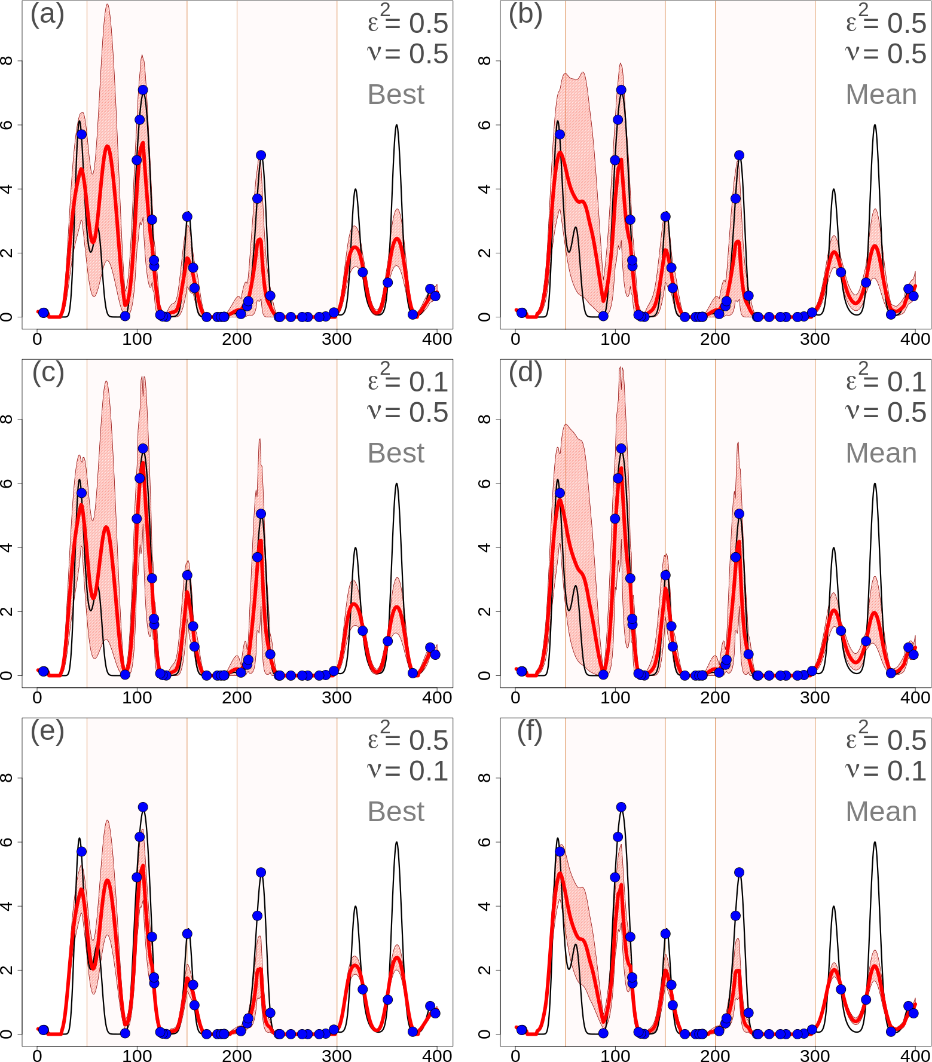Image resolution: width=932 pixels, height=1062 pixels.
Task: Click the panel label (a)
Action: [47, 14]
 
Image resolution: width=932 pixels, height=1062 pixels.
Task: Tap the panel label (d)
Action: [525, 373]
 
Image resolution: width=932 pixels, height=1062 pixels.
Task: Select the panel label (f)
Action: [530, 732]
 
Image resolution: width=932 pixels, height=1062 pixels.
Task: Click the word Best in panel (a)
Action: [396, 94]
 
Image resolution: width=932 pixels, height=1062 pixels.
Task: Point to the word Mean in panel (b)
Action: [881, 94]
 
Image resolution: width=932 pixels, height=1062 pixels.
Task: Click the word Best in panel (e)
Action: [396, 812]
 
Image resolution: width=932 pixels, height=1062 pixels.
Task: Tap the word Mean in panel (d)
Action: [881, 453]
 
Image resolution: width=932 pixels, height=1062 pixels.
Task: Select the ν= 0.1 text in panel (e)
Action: [407, 771]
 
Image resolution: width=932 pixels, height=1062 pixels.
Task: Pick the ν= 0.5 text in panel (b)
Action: [885, 54]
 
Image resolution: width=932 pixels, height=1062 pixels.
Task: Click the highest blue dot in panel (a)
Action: [143, 90]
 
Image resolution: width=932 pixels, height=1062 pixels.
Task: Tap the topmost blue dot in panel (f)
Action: [621, 807]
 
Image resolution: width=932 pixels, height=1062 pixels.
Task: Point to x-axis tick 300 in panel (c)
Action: [337, 697]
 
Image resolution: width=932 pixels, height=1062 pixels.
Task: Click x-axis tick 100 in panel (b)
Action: [615, 339]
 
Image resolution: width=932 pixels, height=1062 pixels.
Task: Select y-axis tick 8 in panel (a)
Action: [7, 60]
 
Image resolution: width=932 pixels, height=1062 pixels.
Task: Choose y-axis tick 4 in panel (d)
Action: [485, 547]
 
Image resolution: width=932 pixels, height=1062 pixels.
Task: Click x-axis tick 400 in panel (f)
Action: [915, 1056]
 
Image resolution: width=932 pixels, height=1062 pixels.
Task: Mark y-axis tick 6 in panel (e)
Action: [7, 841]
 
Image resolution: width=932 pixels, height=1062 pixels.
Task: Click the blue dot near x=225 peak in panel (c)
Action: [261, 514]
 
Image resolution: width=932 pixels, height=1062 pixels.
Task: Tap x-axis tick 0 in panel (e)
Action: [37, 1056]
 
